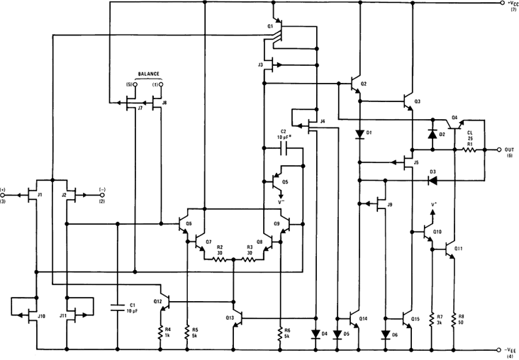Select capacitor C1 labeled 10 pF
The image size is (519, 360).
point(117,308)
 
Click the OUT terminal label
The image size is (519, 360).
point(509,150)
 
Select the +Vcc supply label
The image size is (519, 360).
point(510,4)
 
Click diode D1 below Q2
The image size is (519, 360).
point(360,133)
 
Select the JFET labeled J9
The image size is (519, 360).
point(384,206)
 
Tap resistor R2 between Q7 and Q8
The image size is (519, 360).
point(221,259)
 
